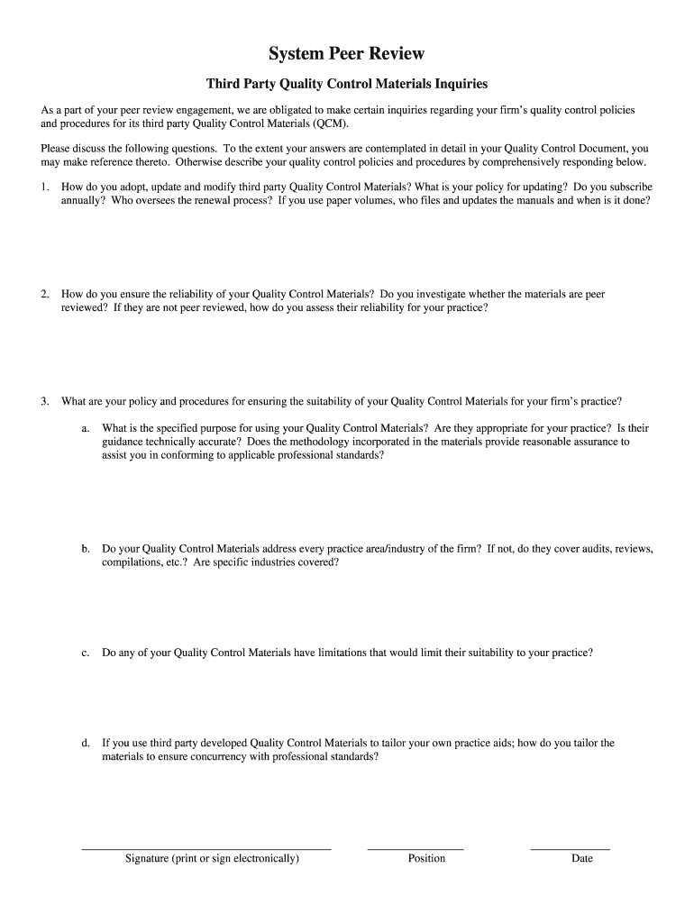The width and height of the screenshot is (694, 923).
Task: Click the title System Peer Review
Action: pos(347,54)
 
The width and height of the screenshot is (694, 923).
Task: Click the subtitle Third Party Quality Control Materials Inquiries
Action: pos(347,84)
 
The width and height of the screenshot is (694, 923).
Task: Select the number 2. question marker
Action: pos(45,294)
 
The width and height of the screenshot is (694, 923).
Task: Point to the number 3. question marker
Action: pos(45,401)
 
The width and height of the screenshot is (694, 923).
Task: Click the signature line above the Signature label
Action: pos(206,849)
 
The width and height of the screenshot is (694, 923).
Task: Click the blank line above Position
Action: pos(415,849)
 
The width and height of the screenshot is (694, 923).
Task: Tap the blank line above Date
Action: pos(570,849)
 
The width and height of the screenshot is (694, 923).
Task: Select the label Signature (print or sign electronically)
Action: pos(212,859)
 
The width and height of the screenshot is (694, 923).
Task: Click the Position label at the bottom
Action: pos(426,859)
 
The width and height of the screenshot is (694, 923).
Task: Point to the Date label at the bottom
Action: pos(582,859)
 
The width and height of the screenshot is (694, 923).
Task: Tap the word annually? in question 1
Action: pos(84,200)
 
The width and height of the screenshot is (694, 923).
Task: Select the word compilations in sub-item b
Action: pos(132,562)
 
